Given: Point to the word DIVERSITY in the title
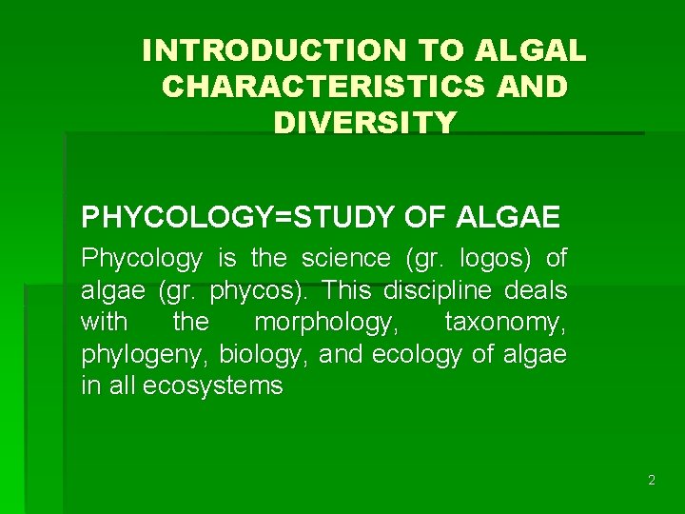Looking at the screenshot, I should tap(364, 123).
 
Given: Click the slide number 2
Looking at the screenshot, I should tap(651, 481).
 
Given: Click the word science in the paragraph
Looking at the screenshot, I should tap(346, 258).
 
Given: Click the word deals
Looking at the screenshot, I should tap(534, 290).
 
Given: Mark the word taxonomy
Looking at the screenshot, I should tap(504, 323).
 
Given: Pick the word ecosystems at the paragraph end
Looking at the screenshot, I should tap(213, 385).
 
